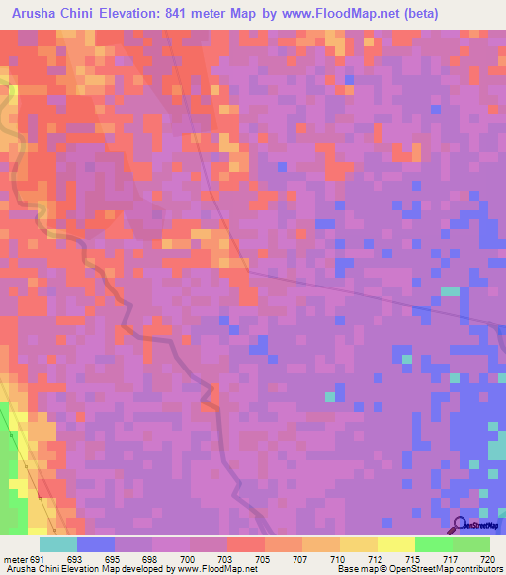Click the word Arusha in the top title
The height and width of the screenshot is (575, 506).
point(40,13)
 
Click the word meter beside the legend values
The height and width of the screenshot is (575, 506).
point(15,558)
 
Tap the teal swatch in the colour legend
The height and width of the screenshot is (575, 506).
point(58,544)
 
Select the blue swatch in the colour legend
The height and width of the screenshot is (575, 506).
point(96,544)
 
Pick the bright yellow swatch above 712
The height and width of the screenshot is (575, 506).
point(396,544)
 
